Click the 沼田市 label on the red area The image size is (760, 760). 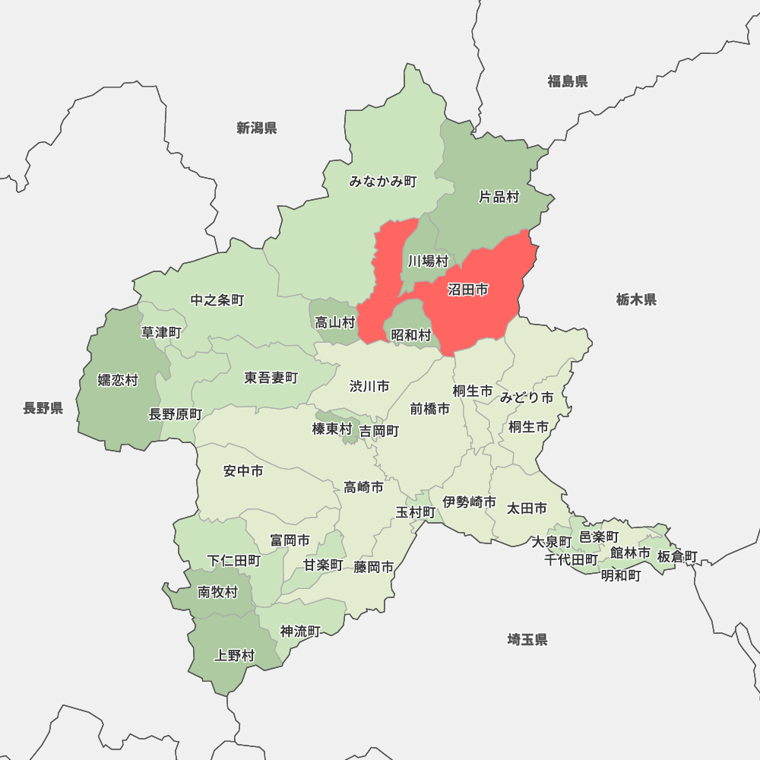pos(467,290)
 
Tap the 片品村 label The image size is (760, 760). pos(499,197)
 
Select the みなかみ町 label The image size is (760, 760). pos(383,182)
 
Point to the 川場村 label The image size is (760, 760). pos(428,261)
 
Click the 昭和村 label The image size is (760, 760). pos(411,334)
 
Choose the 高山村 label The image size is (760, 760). pos(335,323)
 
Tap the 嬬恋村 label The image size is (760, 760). pos(118,380)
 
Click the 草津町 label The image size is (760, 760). pos(161,332)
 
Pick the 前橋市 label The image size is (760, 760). pos(430,409)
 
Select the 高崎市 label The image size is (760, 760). pos(363,487)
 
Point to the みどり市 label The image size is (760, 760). pos(527,397)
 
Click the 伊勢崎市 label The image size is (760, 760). pos(470,502)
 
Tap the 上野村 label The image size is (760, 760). pos(235,655)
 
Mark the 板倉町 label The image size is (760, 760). pos(677,557)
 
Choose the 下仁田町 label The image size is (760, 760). pos(234,561)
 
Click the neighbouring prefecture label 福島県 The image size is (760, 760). pos(568,81)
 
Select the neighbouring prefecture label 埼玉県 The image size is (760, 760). pos(527,639)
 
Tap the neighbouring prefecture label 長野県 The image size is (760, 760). pos(43,409)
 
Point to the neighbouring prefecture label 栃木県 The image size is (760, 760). pos(636,299)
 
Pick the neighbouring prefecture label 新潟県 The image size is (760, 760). pos(256,128)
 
